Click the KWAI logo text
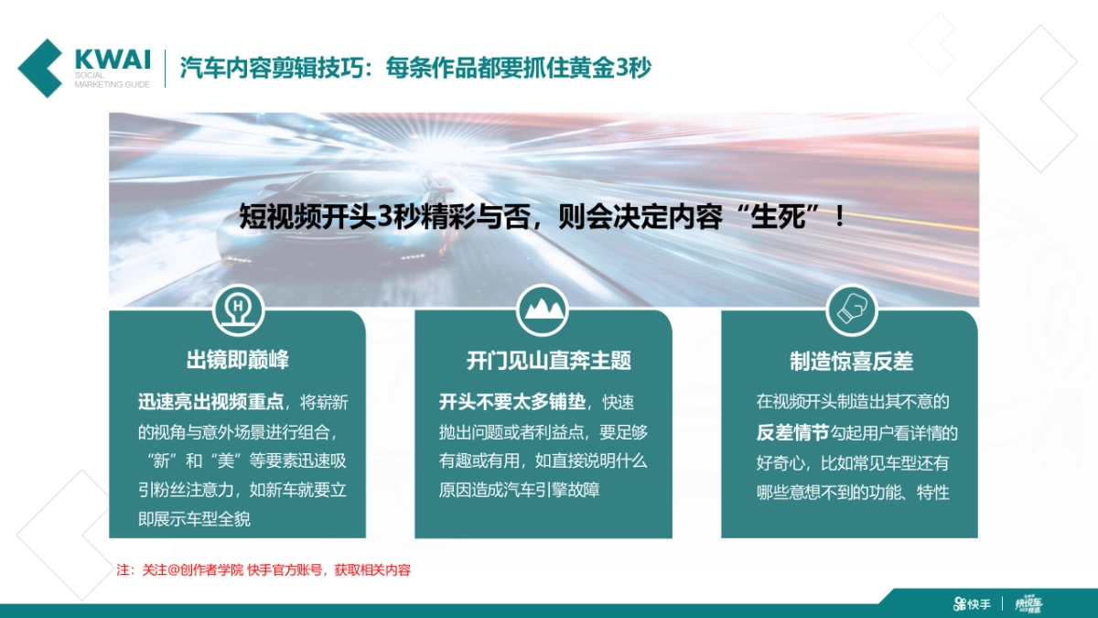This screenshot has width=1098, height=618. [113, 58]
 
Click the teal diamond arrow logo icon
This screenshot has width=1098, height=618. [41, 68]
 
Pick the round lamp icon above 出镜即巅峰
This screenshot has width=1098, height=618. [238, 309]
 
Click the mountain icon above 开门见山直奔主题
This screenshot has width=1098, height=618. [543, 309]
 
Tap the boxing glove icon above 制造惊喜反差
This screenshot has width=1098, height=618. [851, 309]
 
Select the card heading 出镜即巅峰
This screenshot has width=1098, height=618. [238, 361]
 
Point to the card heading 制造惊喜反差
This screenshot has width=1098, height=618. [851, 361]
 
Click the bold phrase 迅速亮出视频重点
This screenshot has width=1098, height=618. [211, 402]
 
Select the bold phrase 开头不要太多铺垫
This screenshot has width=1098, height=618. [513, 402]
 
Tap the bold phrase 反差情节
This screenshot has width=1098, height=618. [792, 432]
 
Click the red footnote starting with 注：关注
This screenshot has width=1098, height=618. [264, 569]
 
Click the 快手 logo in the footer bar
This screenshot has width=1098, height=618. [972, 603]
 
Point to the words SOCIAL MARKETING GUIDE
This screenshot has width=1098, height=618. [113, 80]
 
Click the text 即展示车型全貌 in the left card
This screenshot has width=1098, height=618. [194, 519]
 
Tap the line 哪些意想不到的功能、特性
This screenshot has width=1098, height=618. [853, 493]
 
